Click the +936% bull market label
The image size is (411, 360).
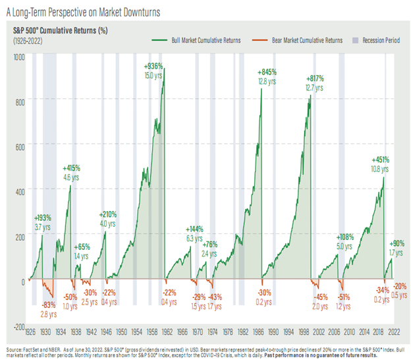point(153,66)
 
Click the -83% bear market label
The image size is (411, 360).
point(48,305)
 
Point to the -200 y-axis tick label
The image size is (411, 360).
point(18,326)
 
